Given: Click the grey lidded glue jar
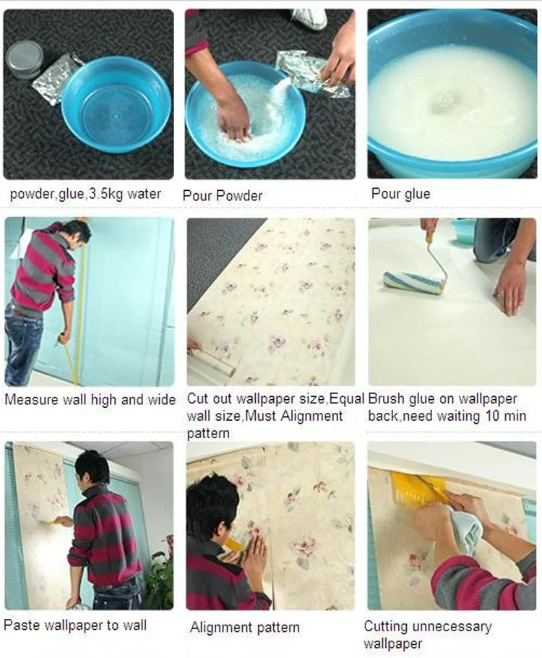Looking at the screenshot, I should [25, 58].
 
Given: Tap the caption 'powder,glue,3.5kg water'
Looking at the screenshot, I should [85, 194].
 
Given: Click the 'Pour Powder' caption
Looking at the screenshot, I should [223, 195].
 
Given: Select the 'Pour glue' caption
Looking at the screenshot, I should [400, 194].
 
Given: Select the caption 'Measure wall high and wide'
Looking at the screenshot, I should [90, 400].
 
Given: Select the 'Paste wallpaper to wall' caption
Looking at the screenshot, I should [75, 625].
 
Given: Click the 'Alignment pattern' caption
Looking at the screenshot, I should [244, 628].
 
